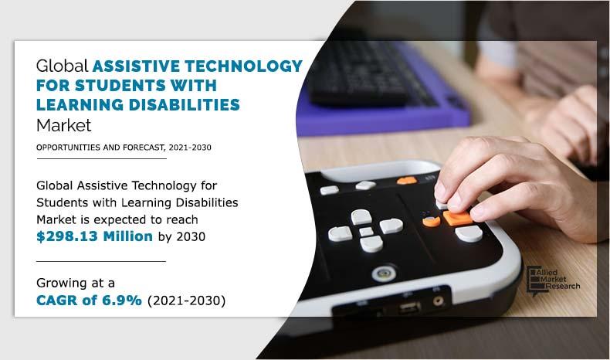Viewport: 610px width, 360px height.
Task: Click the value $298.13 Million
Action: pyautogui.click(x=94, y=236)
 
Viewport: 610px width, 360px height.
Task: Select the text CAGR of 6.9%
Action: pyautogui.click(x=89, y=301)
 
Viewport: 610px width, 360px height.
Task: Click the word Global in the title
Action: pyautogui.click(x=62, y=66)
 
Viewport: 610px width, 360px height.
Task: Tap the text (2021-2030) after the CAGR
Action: pyautogui.click(x=185, y=301)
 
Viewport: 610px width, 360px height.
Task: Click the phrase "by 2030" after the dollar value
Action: pyautogui.click(x=180, y=236)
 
